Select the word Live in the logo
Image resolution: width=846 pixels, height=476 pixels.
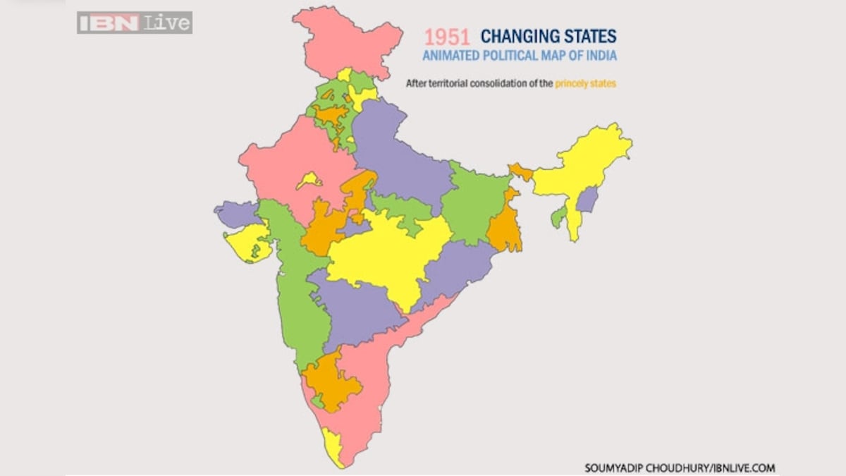coord(167,23)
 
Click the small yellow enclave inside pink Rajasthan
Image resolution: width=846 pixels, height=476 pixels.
coord(309,181)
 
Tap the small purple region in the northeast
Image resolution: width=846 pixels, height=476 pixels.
coord(587,200)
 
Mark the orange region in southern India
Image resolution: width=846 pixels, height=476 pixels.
coord(331,382)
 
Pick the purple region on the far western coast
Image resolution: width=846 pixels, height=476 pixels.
coord(236,212)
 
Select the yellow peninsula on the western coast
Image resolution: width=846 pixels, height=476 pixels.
coord(250,243)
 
